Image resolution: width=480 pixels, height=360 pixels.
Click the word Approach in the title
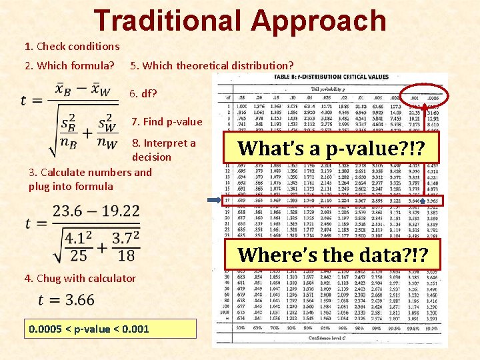coord(318,22)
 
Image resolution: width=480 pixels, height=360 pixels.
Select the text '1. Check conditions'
coord(71,46)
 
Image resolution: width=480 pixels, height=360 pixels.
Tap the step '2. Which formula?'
coord(69,65)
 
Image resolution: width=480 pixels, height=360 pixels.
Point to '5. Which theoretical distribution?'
coord(211,65)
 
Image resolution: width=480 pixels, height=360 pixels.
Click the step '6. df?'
coord(143,93)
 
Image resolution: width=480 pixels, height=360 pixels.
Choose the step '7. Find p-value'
coord(167,121)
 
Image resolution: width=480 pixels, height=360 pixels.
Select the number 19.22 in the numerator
coord(120,211)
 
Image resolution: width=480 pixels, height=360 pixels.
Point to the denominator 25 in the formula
coord(79,255)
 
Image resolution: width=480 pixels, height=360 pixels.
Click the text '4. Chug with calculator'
coord(79,278)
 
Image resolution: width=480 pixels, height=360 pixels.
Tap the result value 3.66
coord(75,300)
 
